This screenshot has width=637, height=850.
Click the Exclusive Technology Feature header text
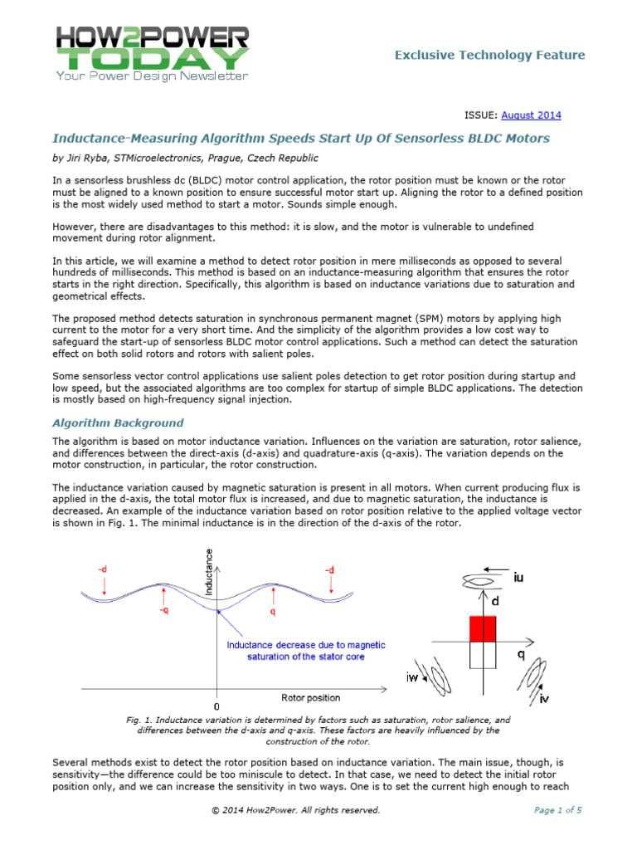coord(489,56)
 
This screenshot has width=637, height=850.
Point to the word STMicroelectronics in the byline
coord(167,158)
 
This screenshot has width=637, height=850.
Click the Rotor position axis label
coord(311,697)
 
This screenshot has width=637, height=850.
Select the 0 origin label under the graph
coord(217,706)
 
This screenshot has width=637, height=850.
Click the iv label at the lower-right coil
coord(543,700)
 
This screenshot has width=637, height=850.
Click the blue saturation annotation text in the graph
coord(304,651)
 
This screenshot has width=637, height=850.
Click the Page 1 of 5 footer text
coord(557,810)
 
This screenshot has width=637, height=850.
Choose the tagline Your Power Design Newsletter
coord(151,76)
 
